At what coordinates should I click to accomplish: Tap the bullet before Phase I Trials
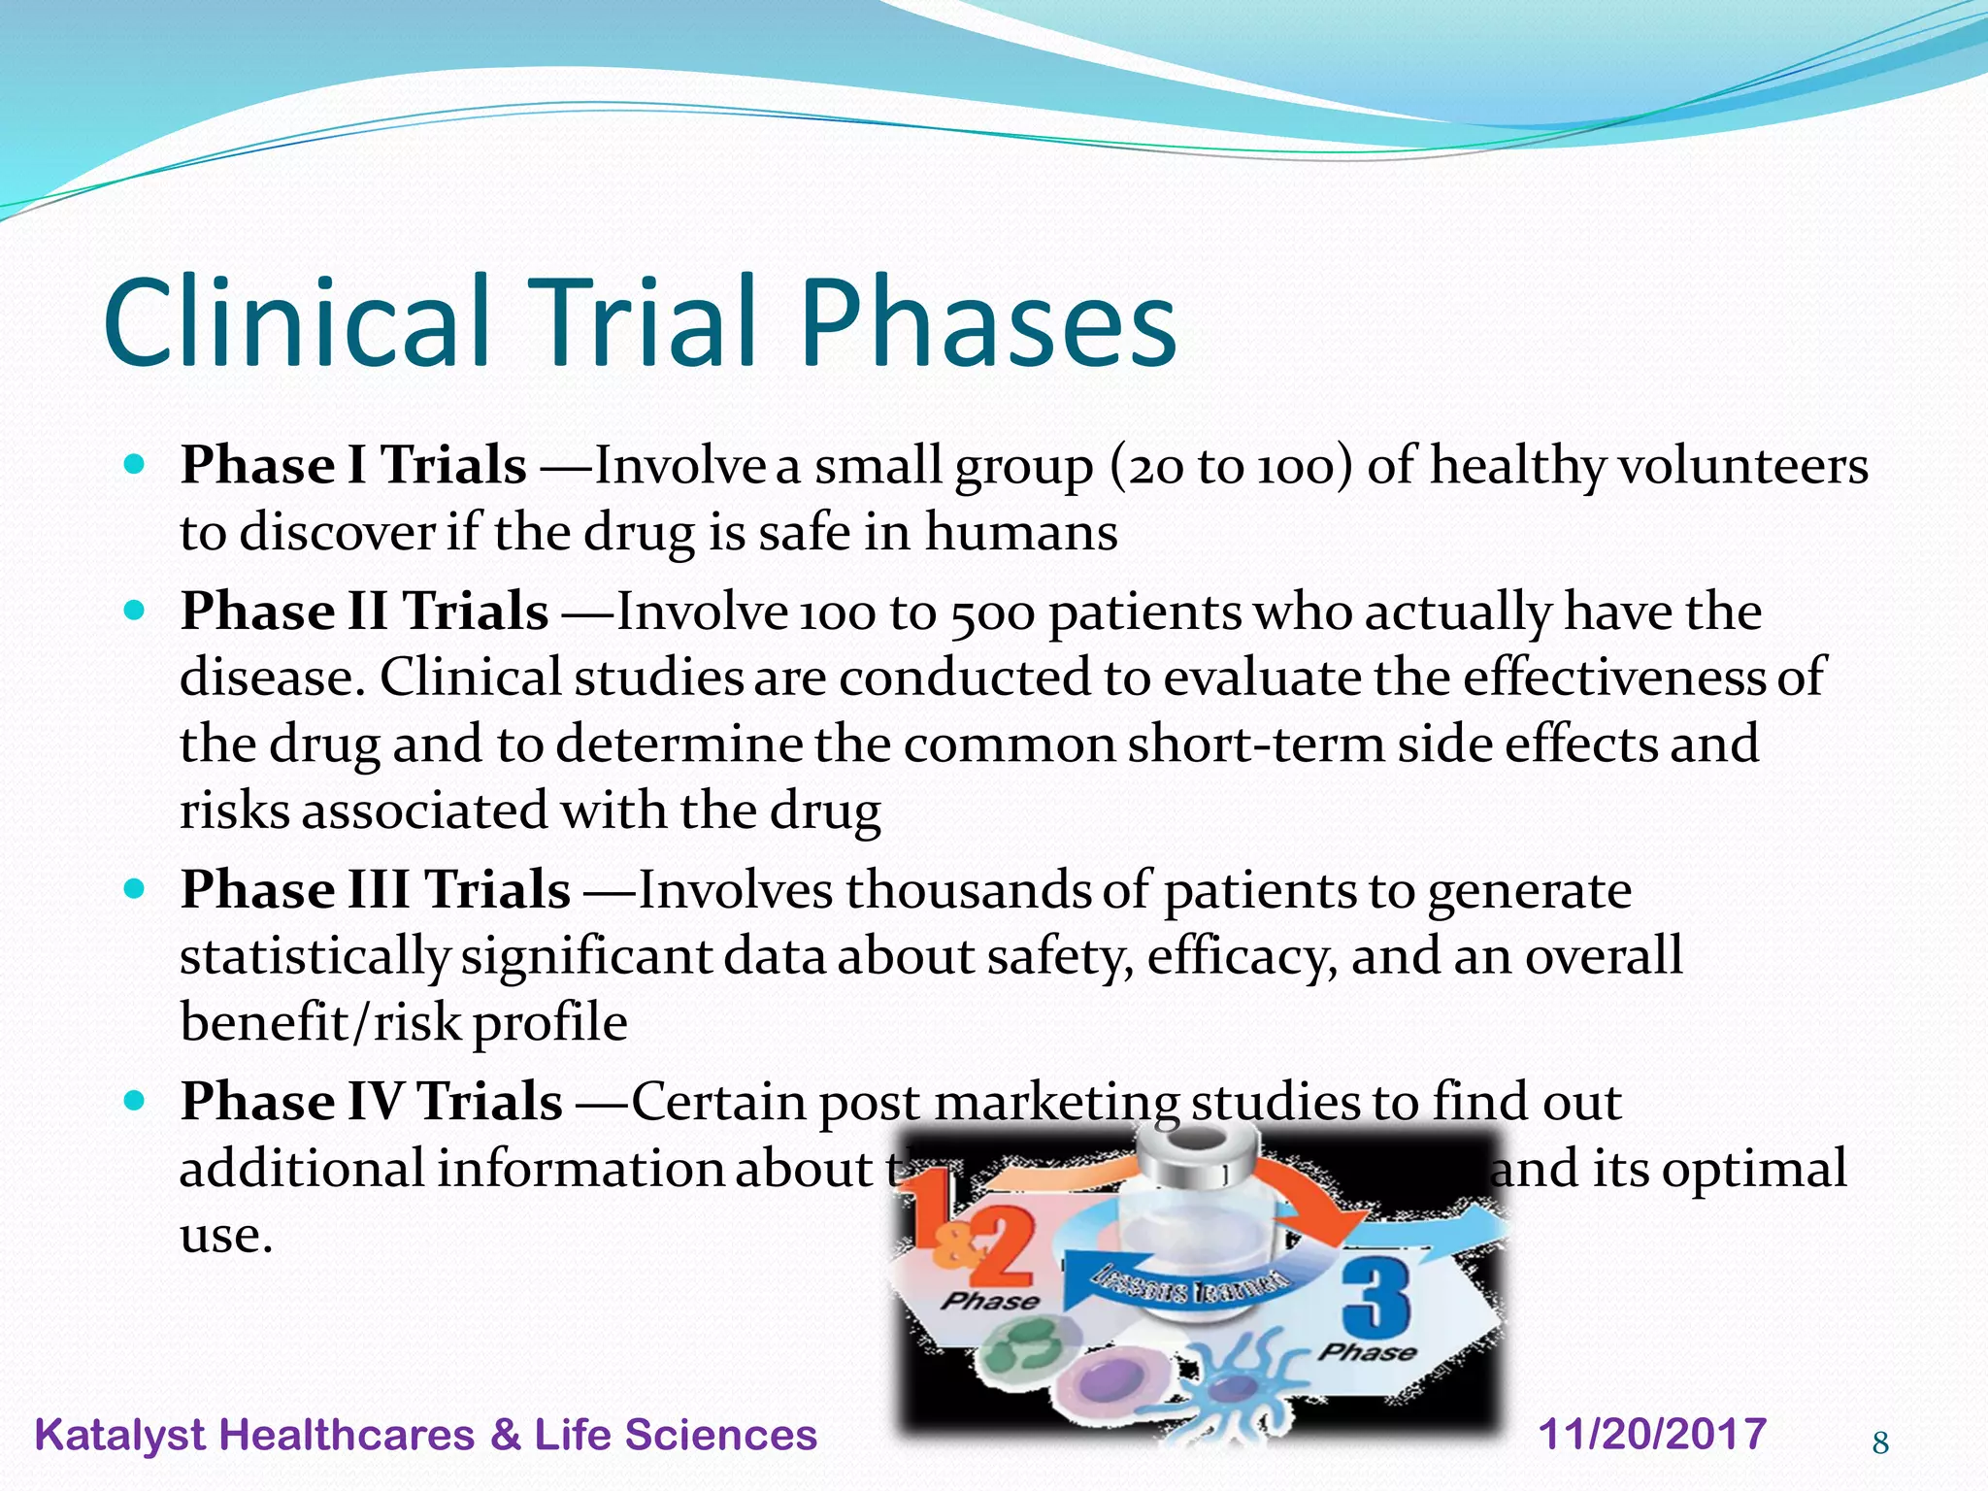[x=135, y=464]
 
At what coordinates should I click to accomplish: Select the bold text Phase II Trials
[x=364, y=612]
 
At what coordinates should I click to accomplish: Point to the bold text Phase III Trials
[x=375, y=889]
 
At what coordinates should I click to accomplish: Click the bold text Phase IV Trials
[x=371, y=1102]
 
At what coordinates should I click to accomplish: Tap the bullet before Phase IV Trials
[x=135, y=1102]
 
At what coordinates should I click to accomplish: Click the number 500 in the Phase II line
[x=993, y=613]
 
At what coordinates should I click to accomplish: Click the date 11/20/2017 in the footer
[x=1652, y=1434]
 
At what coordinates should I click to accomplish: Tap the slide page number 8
[x=1880, y=1443]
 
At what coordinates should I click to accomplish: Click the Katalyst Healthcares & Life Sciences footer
[x=425, y=1435]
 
